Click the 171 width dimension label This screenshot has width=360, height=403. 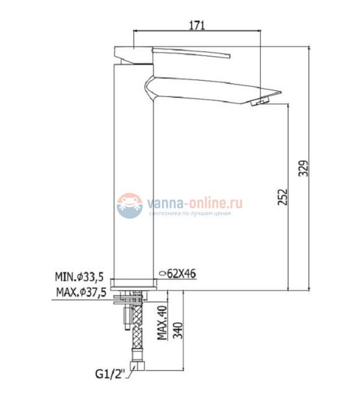click(x=197, y=25)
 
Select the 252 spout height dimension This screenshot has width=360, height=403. click(x=282, y=197)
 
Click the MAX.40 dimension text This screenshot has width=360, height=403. click(x=162, y=323)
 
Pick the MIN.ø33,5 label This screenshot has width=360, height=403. click(x=79, y=277)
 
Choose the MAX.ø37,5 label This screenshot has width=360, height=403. click(x=81, y=292)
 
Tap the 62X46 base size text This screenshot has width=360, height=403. click(x=181, y=273)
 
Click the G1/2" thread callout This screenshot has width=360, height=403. click(x=110, y=374)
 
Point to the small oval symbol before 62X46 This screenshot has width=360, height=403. click(x=163, y=273)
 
